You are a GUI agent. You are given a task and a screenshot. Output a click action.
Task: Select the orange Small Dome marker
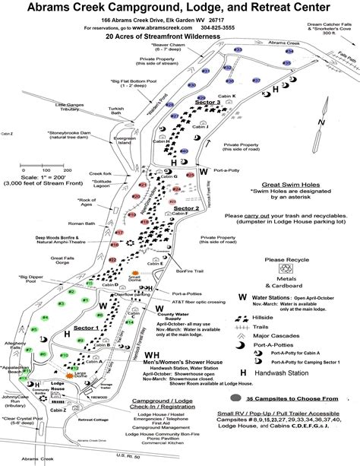coord(137,271)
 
